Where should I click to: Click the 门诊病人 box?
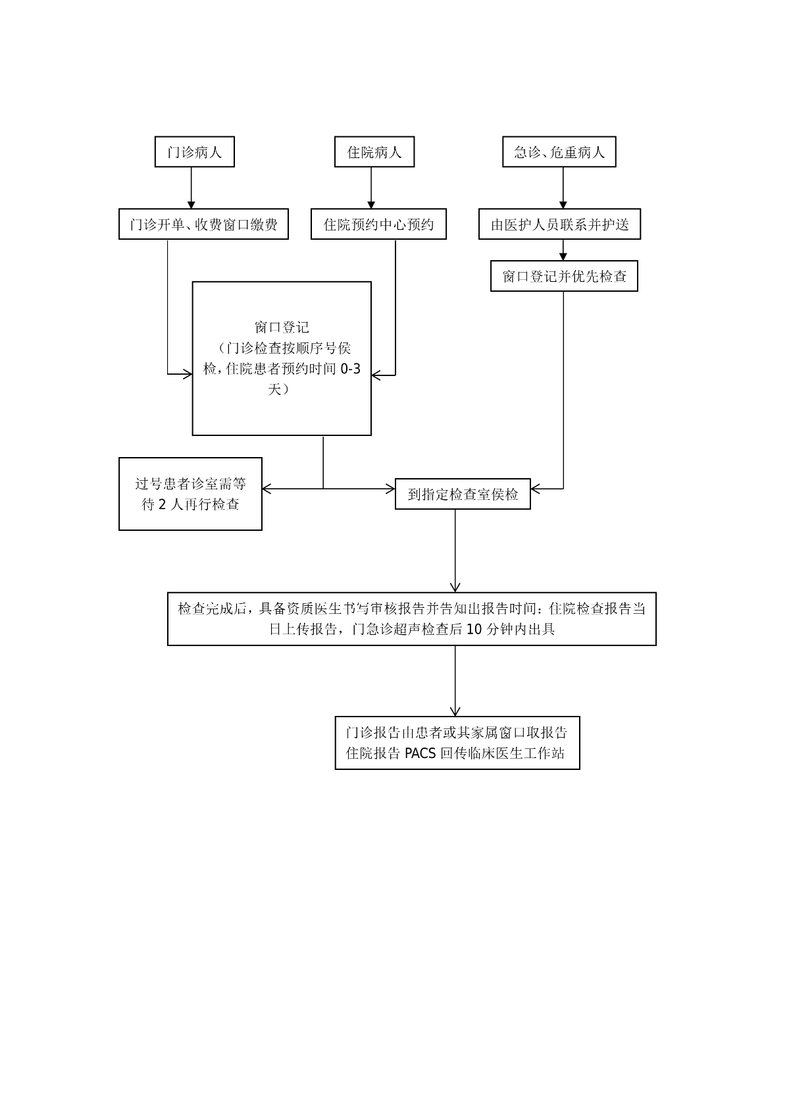[x=194, y=152]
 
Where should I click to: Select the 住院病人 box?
[x=374, y=152]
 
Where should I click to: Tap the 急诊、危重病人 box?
[x=559, y=152]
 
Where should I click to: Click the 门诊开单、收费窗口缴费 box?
[x=203, y=225]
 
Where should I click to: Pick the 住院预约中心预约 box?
[x=378, y=225]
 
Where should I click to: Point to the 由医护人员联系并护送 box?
[x=559, y=225]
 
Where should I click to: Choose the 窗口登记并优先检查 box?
[x=564, y=276]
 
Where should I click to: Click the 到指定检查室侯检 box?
[x=463, y=494]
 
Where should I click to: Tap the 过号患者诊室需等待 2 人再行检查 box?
[x=190, y=494]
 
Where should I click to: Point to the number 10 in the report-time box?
[x=474, y=629]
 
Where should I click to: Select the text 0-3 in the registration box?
[x=350, y=369]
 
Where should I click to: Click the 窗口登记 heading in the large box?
[x=282, y=327]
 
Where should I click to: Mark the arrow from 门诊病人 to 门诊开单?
[x=191, y=188]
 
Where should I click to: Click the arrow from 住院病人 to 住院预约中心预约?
[x=371, y=188]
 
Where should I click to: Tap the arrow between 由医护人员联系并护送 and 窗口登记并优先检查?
[x=563, y=250]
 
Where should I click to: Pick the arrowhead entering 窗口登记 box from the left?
[x=187, y=375]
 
